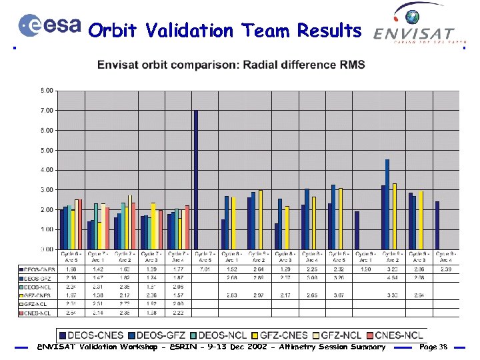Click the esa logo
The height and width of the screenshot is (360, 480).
pos(51,26)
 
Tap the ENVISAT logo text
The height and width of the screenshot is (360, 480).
pos(414,33)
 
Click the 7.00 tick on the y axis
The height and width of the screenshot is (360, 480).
pos(48,110)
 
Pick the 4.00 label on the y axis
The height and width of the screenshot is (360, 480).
pos(48,170)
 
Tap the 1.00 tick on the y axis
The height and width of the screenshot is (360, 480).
pos(48,229)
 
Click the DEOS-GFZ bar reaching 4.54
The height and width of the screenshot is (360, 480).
pos(387,204)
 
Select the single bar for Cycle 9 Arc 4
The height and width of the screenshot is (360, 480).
pos(437,225)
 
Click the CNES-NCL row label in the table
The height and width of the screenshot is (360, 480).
pos(39,312)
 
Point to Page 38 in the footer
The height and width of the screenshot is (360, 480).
pos(433,347)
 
